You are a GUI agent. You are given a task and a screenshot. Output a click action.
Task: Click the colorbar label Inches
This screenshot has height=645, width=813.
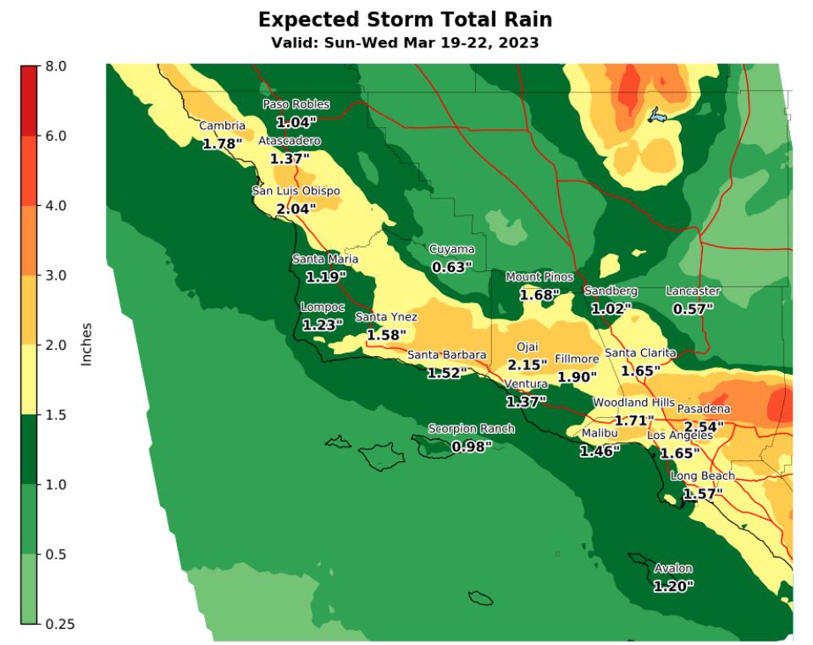[86, 344]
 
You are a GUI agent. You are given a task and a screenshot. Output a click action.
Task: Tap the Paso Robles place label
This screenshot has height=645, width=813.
[296, 104]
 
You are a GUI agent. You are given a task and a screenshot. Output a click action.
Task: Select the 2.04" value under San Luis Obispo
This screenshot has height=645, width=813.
[296, 208]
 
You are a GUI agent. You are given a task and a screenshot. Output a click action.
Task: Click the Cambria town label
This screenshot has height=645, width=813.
[222, 126]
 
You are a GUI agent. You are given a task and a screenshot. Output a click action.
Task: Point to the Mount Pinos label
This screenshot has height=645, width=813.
[539, 277]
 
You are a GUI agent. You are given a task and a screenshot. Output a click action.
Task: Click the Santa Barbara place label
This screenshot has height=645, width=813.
[446, 354]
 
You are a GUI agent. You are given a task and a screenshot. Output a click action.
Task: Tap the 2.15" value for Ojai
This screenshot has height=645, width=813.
[528, 364]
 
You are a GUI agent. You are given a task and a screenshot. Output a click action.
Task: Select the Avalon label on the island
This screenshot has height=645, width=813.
[673, 568]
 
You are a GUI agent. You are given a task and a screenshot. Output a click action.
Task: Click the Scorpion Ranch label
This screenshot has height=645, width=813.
[471, 429]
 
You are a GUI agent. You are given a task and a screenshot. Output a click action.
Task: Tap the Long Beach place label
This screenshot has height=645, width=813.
[703, 476]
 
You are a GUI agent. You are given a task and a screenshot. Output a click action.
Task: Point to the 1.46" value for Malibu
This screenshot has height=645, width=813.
[600, 452]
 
